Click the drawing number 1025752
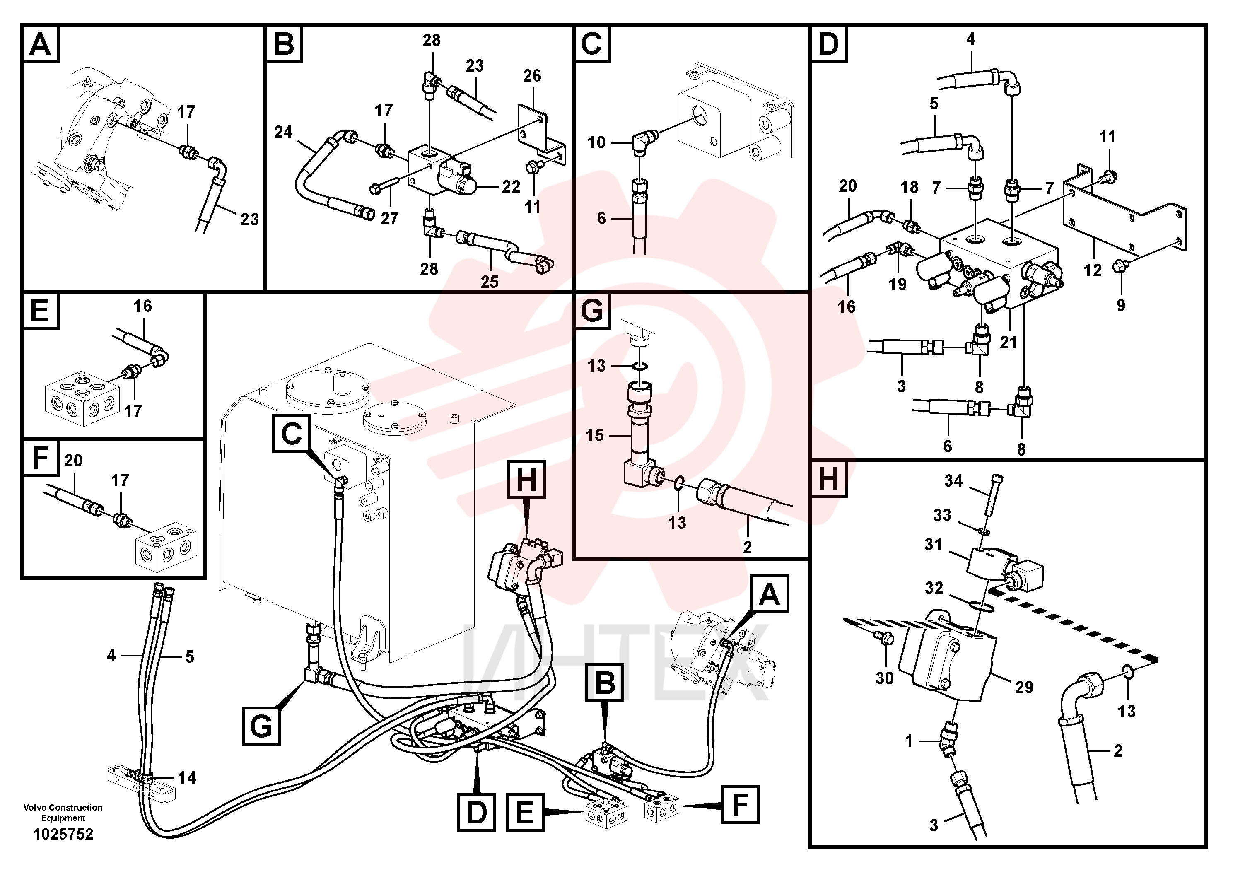click(63, 834)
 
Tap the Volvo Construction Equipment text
click(63, 813)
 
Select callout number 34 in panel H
click(954, 480)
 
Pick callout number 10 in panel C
click(596, 142)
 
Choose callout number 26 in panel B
click(532, 76)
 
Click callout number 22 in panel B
click(511, 186)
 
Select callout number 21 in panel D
click(1009, 342)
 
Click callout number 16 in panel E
click(143, 306)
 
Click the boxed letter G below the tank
click(261, 726)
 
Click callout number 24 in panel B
click(284, 132)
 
